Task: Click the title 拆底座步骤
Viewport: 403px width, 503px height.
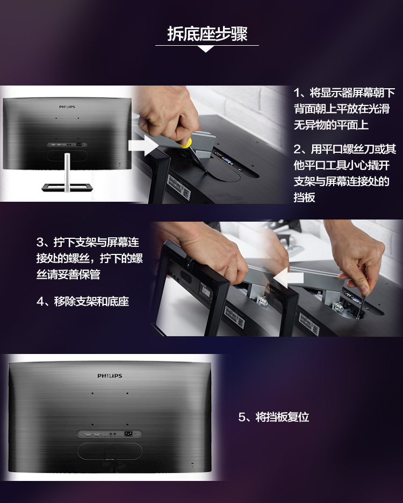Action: point(207,34)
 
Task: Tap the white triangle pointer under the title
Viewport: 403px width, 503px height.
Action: point(206,49)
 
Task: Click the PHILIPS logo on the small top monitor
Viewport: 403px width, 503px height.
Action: point(67,107)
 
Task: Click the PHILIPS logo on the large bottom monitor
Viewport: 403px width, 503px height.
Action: point(110,376)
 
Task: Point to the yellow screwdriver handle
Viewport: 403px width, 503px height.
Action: point(185,143)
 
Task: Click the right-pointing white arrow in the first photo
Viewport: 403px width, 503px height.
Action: point(143,145)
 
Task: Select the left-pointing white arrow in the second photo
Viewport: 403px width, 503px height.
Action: point(288,278)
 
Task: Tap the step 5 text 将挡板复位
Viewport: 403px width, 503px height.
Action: point(282,417)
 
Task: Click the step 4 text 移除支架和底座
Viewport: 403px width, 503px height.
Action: point(91,302)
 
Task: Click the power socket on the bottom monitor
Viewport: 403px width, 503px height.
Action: point(128,434)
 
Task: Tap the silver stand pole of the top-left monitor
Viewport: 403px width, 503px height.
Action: point(67,172)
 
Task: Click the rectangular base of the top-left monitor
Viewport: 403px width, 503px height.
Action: point(67,187)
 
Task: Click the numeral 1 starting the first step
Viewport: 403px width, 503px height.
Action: point(297,93)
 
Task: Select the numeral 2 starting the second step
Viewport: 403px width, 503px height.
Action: point(298,149)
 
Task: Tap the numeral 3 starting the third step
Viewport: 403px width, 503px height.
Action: point(40,242)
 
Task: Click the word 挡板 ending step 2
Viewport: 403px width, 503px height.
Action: point(304,197)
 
